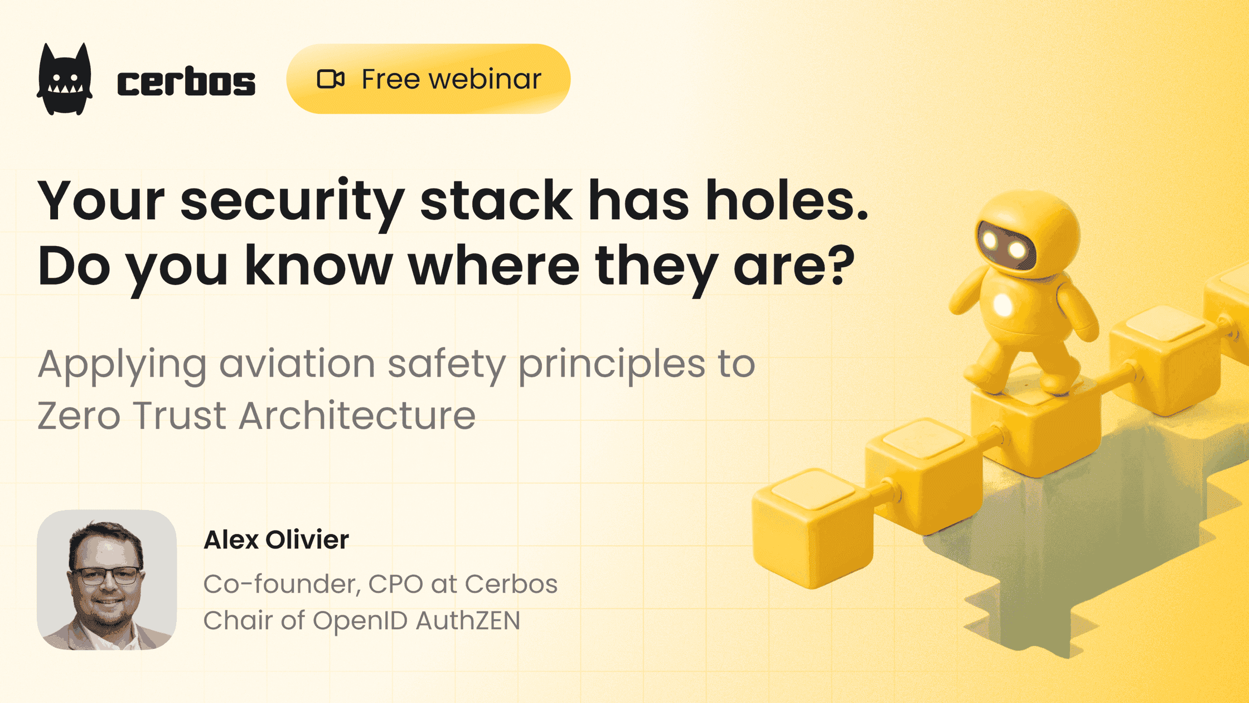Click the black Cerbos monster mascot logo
coord(65,80)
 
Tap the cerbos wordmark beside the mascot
coord(186,83)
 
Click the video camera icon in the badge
coord(331,79)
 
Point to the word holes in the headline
coord(786,201)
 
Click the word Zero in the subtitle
coord(79,416)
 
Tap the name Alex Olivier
coord(276,540)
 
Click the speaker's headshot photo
coord(106,580)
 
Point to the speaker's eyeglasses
coord(106,575)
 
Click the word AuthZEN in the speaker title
coord(467,620)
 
